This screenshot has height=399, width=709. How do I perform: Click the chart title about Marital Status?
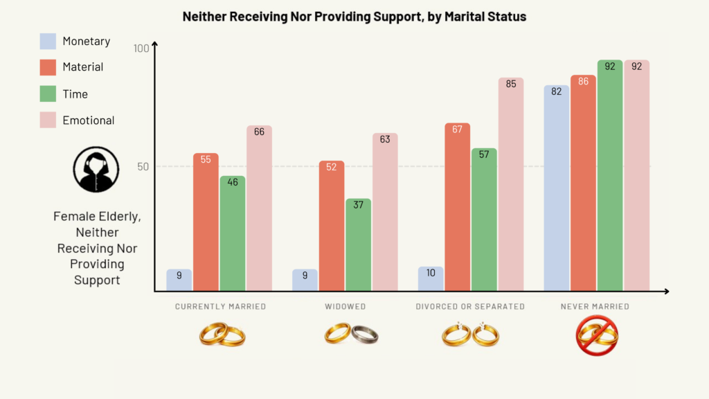click(354, 16)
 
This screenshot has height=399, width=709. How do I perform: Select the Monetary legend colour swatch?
click(48, 42)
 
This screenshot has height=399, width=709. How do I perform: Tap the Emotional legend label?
click(88, 121)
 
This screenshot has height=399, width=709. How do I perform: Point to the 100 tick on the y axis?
click(141, 48)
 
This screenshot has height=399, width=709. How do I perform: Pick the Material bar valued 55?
click(206, 222)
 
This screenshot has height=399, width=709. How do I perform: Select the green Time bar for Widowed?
click(359, 245)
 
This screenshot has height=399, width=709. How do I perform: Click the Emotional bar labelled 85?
click(511, 184)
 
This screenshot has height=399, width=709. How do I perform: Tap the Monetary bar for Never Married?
click(557, 188)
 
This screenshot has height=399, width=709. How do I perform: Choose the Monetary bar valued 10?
click(431, 278)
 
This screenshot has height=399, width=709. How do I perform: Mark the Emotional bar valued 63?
click(385, 212)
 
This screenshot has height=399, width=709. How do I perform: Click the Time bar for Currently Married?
click(233, 233)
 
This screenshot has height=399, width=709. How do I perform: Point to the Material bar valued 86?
click(583, 183)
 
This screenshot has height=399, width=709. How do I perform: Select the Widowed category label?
click(345, 306)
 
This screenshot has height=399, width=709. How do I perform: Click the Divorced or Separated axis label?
click(470, 306)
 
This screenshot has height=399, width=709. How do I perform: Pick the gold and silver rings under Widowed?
click(351, 335)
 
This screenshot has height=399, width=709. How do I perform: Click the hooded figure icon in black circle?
click(92, 169)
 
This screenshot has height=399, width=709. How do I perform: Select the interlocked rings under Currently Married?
click(222, 335)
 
